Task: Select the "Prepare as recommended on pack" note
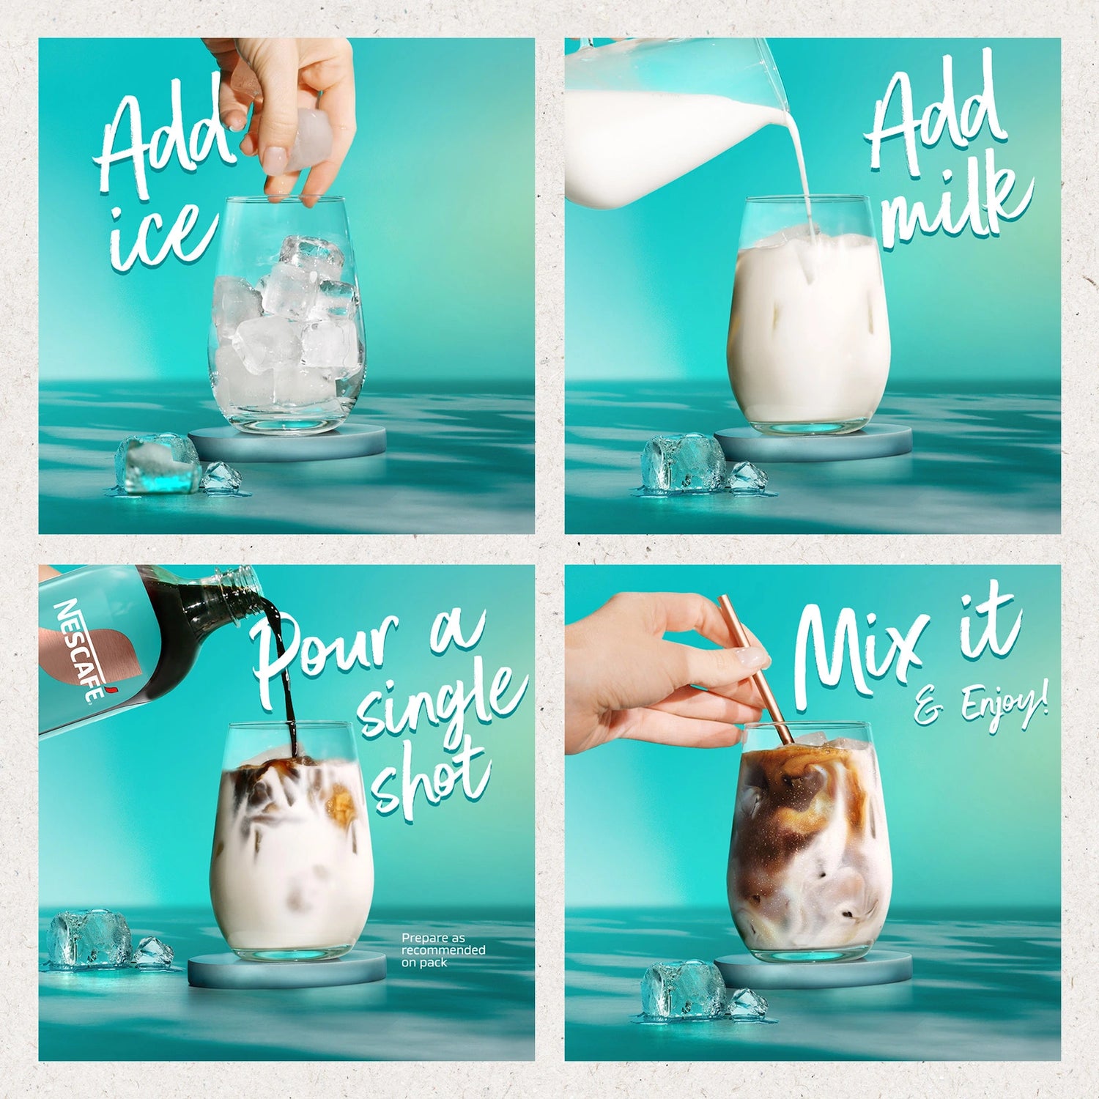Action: tap(443, 950)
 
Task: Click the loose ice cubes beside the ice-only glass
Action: tap(176, 465)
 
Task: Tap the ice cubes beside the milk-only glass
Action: tap(703, 466)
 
